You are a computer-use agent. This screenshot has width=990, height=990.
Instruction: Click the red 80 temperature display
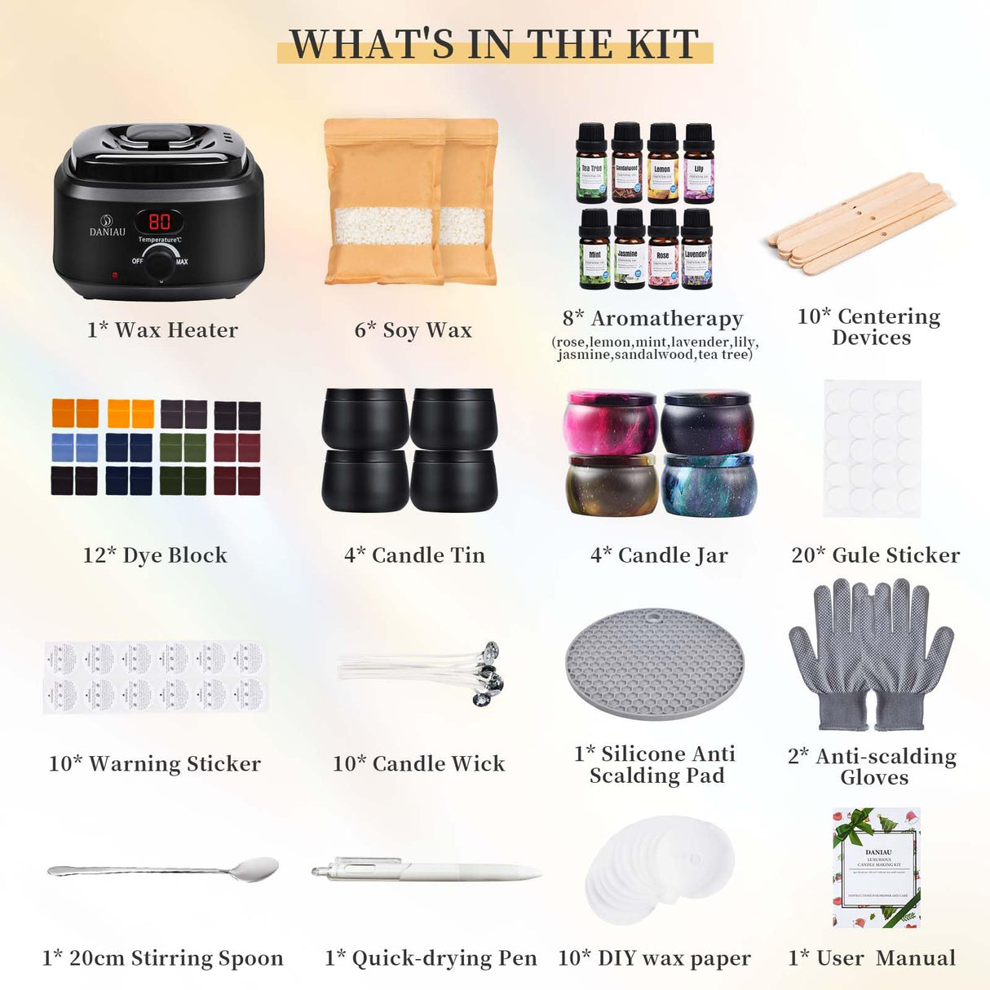coord(159,221)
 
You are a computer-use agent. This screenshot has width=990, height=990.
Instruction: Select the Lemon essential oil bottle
coord(662,164)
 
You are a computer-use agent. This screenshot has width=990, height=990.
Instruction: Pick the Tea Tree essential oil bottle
coord(591,164)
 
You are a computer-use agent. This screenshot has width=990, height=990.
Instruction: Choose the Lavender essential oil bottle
coord(696,250)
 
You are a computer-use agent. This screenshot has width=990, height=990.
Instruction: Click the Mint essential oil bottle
coord(594,250)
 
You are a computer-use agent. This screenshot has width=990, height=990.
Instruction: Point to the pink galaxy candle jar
coord(612,422)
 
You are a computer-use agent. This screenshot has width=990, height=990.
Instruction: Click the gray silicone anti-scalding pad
coord(654,663)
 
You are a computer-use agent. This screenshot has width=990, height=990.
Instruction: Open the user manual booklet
coord(877,868)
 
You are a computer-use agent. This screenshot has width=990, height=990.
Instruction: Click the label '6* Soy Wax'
coord(413,330)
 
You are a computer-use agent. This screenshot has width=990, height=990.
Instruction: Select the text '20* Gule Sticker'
coord(875,555)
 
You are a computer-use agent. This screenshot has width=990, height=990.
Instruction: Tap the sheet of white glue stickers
coord(872,448)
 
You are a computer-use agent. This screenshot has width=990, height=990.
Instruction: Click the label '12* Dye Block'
coord(155,555)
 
